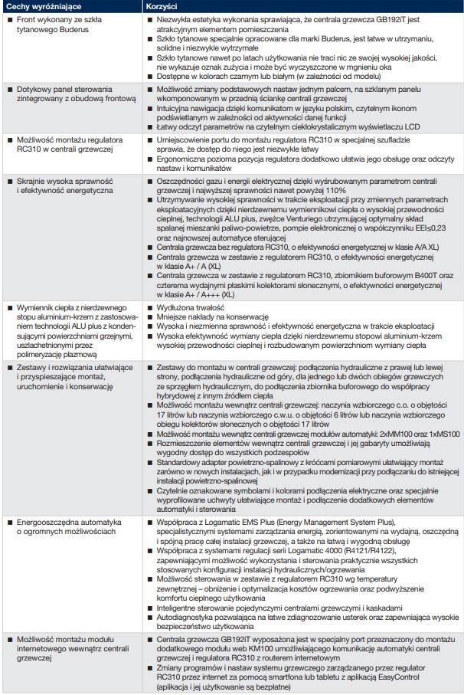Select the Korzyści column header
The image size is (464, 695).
(162, 6)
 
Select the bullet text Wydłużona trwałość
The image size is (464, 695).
(186, 305)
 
